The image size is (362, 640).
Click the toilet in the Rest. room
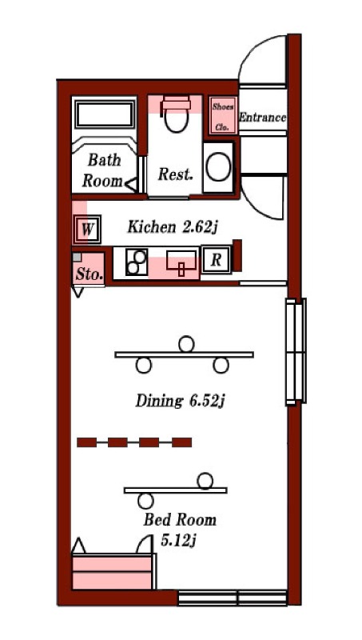[176, 114]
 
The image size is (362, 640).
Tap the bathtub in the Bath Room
[105, 114]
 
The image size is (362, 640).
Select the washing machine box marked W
[86, 229]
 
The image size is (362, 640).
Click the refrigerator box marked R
[216, 259]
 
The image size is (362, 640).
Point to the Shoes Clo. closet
[223, 115]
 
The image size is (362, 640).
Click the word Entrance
[262, 118]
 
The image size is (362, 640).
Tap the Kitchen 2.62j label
[171, 227]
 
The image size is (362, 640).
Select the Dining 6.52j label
[180, 401]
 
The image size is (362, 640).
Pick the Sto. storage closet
[89, 269]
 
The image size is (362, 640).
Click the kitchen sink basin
[181, 262]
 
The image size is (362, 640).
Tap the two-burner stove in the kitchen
[137, 262]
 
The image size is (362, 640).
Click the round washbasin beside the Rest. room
[218, 167]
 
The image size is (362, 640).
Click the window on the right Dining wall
[296, 351]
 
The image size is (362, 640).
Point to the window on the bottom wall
[233, 598]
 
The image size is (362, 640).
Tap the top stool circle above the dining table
[186, 344]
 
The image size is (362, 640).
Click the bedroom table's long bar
[176, 490]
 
